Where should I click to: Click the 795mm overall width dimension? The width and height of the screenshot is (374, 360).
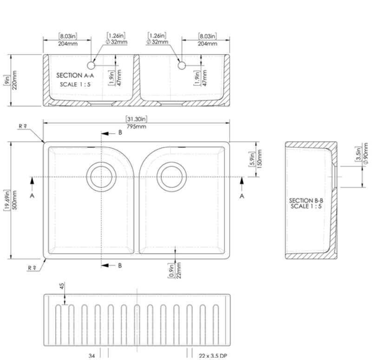pyautogui.click(x=137, y=126)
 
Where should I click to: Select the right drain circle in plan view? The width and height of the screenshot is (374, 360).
pyautogui.click(x=171, y=177)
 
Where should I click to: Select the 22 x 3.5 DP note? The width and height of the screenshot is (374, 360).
pyautogui.click(x=212, y=355)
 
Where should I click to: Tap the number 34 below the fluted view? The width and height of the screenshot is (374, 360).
pyautogui.click(x=92, y=356)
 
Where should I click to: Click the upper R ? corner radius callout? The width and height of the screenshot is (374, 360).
pyautogui.click(x=22, y=126)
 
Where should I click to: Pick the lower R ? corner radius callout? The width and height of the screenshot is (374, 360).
pyautogui.click(x=32, y=268)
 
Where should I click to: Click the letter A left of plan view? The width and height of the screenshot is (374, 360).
pyautogui.click(x=32, y=196)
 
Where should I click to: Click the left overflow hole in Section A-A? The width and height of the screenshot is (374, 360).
pyautogui.click(x=92, y=62)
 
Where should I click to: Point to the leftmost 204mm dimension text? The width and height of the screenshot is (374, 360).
pyautogui.click(x=67, y=44)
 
